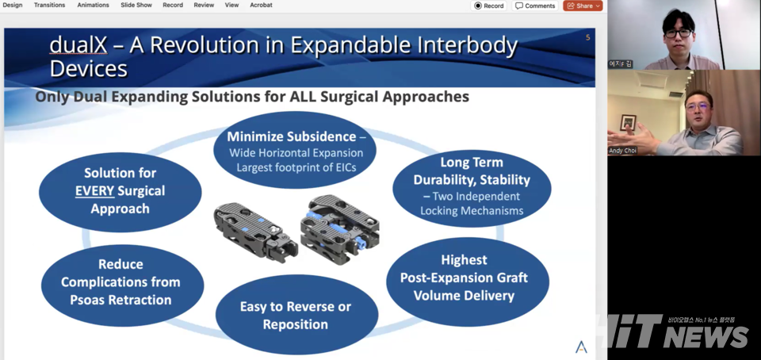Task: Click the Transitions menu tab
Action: tap(49, 5)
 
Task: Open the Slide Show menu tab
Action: tap(136, 5)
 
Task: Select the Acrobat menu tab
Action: tap(261, 5)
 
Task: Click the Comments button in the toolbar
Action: tap(535, 6)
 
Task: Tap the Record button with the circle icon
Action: tap(489, 6)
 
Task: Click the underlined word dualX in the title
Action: tap(78, 46)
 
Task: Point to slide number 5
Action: tap(587, 37)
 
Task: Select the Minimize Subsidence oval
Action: tap(295, 150)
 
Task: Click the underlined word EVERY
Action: tap(95, 191)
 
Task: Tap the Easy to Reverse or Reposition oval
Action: tap(296, 315)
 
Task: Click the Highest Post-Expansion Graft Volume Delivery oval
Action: tap(468, 281)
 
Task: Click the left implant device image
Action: tap(255, 231)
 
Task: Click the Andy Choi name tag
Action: tap(623, 151)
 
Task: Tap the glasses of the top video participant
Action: tap(679, 33)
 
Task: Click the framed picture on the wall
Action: tap(628, 122)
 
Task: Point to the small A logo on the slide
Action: tap(581, 347)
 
